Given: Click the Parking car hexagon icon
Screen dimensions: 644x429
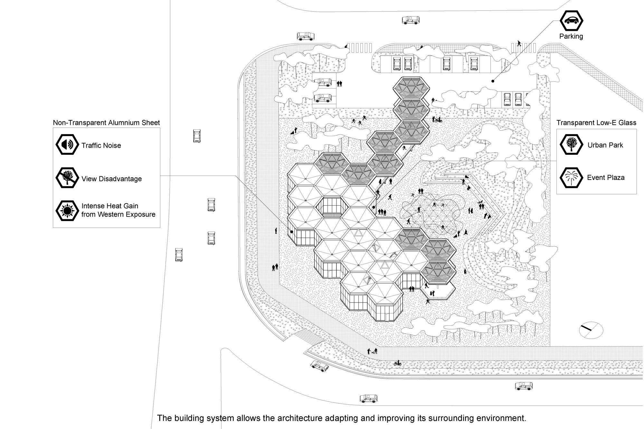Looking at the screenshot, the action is tap(572, 21).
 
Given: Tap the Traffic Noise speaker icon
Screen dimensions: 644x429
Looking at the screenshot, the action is tap(67, 145).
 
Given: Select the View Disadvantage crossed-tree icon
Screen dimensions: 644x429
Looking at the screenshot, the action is tap(67, 178).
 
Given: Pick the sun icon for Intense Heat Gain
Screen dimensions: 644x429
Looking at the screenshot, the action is tap(67, 210).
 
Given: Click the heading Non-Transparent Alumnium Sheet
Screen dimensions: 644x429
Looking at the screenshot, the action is tap(106, 123).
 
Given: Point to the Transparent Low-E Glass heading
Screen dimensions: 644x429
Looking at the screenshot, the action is tap(596, 123).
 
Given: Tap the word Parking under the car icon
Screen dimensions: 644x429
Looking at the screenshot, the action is tap(571, 36).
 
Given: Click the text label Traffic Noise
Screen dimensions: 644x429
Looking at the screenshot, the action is tap(101, 145).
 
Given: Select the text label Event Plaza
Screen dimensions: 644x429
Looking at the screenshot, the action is tap(606, 178).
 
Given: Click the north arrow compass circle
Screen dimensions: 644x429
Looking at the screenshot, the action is tap(591, 330).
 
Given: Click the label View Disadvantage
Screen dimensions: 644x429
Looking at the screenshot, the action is tap(111, 179).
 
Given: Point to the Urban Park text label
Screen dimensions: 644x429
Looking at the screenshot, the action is tap(605, 145).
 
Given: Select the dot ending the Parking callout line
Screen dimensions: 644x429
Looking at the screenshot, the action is tap(493, 81).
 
